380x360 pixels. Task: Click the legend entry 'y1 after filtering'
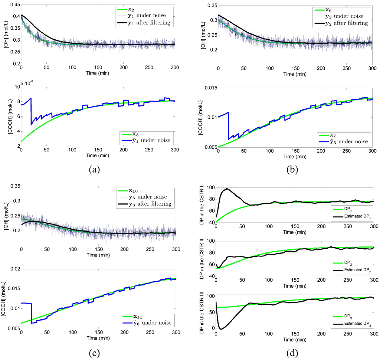[x=148, y=23]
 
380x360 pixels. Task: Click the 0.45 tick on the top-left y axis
[x=12, y=4]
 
